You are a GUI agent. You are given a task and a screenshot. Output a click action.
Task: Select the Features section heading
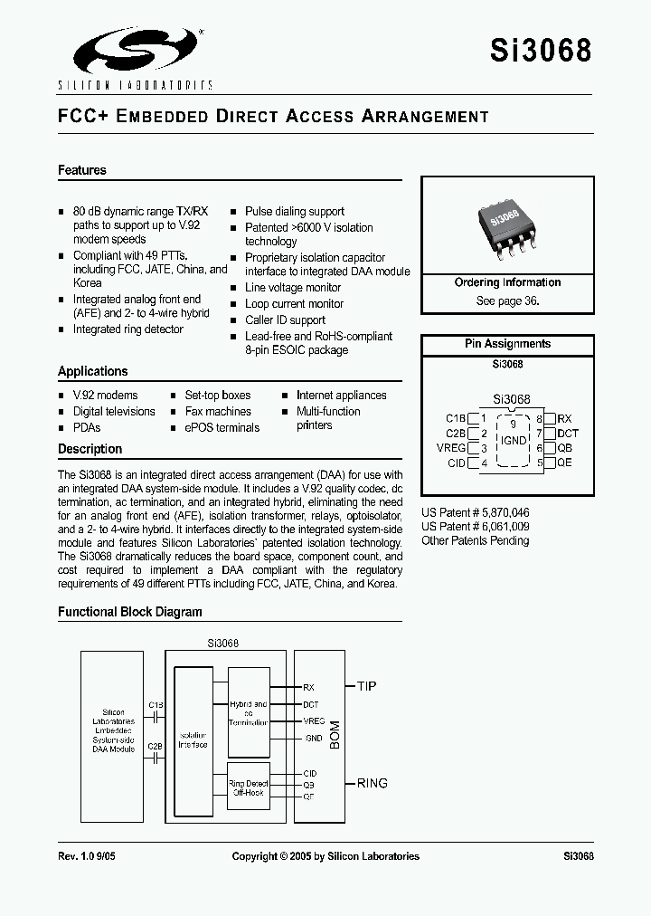(x=82, y=170)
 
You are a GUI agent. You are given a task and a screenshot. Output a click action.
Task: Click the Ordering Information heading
(x=507, y=282)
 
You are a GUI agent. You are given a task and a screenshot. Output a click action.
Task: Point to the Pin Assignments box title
(x=507, y=344)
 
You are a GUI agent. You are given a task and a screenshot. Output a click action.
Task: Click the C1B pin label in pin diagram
(x=455, y=418)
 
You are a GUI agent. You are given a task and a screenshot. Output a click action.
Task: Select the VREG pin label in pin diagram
(x=450, y=448)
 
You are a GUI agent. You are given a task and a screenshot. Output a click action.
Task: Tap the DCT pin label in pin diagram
(x=568, y=434)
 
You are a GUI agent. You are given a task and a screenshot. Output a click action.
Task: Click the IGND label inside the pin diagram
(x=513, y=441)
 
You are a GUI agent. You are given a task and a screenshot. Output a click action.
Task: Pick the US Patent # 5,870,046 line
(x=476, y=512)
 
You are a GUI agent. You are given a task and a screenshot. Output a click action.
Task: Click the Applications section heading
(x=93, y=371)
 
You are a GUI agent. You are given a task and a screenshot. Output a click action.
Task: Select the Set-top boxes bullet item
(x=217, y=396)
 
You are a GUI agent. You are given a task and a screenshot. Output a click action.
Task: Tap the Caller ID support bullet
(x=285, y=320)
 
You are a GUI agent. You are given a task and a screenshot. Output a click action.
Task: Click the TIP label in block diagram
(x=366, y=686)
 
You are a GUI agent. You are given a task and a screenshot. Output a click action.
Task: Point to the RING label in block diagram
(x=372, y=783)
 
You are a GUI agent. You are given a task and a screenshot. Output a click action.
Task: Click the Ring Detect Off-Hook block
(x=248, y=787)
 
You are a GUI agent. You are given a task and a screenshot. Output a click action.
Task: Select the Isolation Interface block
(x=193, y=739)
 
